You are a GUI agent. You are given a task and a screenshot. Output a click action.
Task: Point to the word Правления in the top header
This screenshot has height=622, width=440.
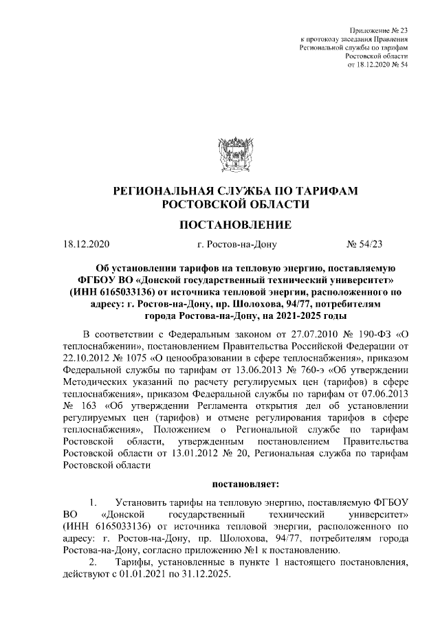click(x=390, y=41)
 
